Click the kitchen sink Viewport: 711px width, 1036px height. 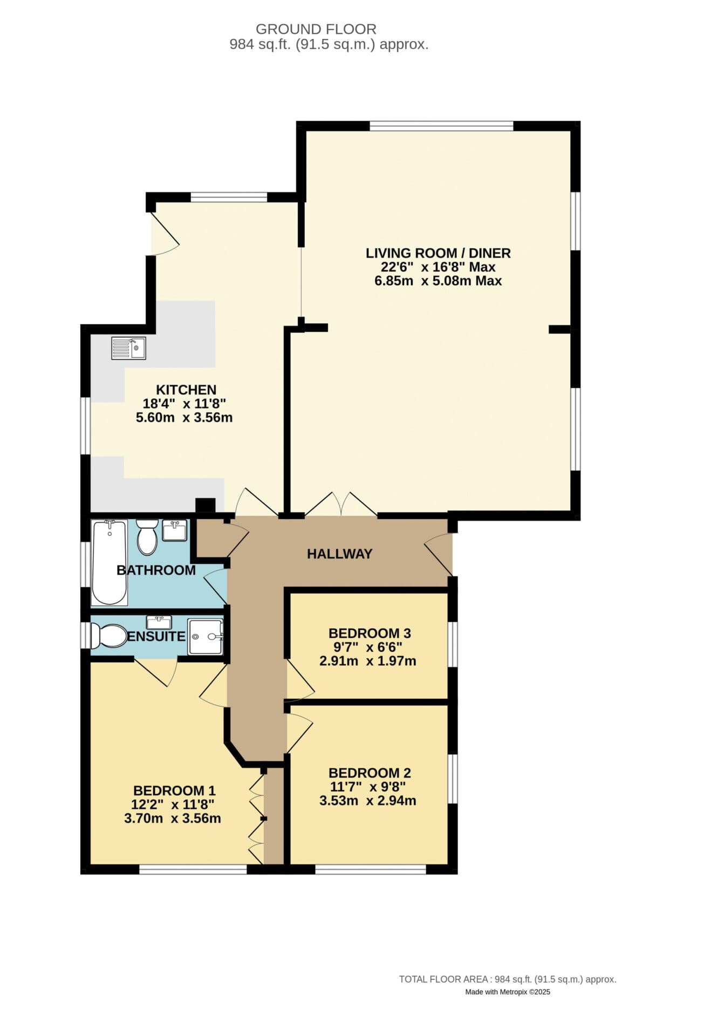click(128, 348)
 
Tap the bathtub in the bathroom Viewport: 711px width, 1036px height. click(110, 562)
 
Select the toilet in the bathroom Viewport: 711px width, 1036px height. click(147, 537)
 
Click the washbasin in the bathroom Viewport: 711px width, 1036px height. click(175, 530)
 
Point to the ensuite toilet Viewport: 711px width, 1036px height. click(108, 636)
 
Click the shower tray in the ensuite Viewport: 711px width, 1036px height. click(205, 637)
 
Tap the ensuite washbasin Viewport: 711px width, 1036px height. click(159, 622)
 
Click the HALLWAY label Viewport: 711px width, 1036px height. click(340, 554)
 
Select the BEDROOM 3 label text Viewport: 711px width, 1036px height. click(370, 633)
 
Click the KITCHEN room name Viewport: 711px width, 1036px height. click(186, 390)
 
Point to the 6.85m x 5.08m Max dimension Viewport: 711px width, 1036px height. click(438, 281)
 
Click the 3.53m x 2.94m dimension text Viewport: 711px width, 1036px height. click(368, 800)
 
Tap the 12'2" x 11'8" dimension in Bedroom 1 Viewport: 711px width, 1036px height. click(173, 804)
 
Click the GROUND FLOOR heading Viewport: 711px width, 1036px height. click(316, 29)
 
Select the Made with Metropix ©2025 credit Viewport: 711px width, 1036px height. click(508, 992)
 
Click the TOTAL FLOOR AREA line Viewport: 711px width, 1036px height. click(508, 979)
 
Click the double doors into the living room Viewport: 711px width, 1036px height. click(341, 503)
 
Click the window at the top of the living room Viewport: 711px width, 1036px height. click(441, 126)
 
